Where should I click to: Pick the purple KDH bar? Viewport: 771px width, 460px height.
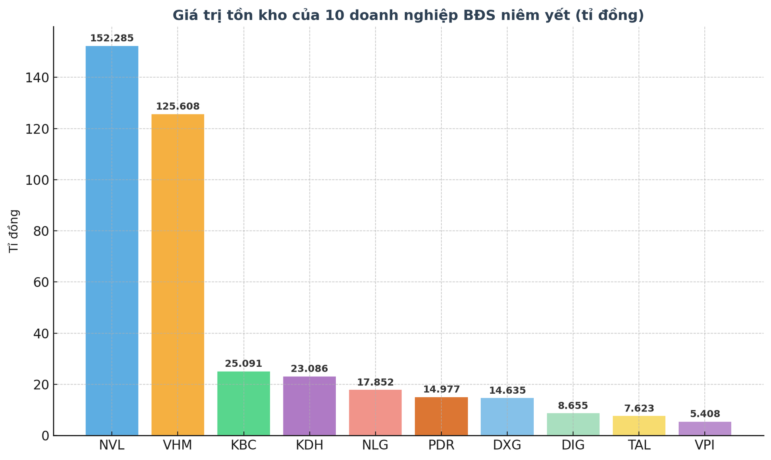(309, 405)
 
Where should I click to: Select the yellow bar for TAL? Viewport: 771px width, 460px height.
(639, 425)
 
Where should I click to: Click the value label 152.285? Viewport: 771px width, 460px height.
(112, 39)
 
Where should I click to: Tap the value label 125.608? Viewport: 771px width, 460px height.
(177, 107)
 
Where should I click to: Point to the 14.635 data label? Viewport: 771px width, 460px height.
(507, 390)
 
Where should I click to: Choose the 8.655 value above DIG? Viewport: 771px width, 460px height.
(573, 406)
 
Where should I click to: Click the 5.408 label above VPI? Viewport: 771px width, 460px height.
(705, 414)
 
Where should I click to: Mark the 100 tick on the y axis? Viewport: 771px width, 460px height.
(37, 180)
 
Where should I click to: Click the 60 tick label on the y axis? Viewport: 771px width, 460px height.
(41, 282)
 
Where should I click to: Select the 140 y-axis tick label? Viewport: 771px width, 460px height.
(37, 78)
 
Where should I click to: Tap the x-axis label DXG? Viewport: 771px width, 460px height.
(507, 445)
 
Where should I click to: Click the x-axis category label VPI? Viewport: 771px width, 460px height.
(705, 445)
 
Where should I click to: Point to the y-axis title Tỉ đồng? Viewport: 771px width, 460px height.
(14, 231)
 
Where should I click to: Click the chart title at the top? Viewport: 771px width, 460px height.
(408, 15)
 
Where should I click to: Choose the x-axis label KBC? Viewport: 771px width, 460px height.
(243, 445)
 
